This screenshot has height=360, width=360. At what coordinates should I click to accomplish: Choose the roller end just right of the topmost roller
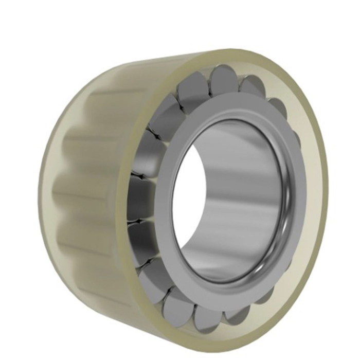coord(252,85)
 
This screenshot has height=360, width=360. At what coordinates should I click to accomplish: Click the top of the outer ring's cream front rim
coord(237,57)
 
